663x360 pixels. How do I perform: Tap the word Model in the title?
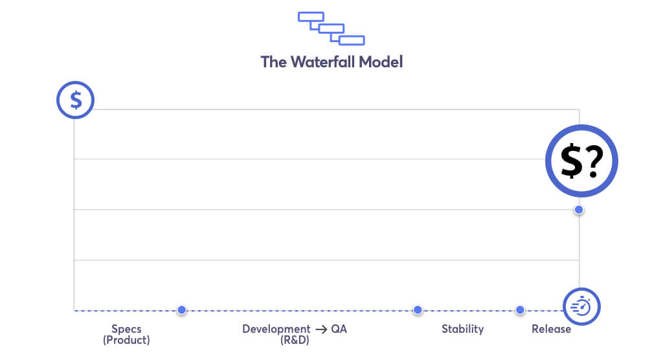(381, 62)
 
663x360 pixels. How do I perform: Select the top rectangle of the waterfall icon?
(311, 17)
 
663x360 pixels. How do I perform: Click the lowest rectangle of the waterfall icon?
(352, 41)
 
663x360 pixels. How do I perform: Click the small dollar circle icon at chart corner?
(76, 100)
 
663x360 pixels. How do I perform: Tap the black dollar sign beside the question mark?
(571, 161)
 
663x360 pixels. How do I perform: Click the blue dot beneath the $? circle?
(579, 210)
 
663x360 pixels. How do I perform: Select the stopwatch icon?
(581, 306)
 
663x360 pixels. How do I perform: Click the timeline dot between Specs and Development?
(182, 310)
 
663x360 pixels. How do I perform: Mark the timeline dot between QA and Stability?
(418, 310)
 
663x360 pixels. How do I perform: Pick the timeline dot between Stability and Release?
(520, 310)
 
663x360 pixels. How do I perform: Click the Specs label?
(126, 329)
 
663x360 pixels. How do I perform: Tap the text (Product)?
(126, 340)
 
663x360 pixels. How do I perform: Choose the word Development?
(276, 329)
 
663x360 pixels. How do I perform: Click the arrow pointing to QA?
(321, 330)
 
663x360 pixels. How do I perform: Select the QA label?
(339, 329)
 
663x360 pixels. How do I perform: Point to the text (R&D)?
(295, 340)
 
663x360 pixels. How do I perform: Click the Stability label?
(462, 329)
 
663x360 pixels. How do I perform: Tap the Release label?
(552, 329)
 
